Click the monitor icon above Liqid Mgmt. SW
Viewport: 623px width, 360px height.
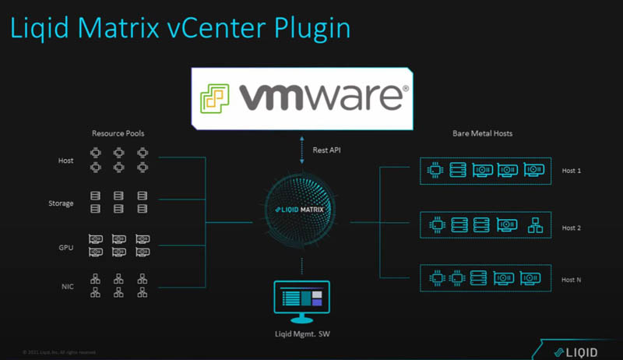301,298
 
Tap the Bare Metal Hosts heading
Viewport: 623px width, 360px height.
482,133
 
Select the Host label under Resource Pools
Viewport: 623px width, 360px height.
65,161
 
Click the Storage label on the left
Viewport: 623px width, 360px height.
61,203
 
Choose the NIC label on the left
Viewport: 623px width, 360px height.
67,287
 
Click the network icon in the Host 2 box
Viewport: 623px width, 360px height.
535,226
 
